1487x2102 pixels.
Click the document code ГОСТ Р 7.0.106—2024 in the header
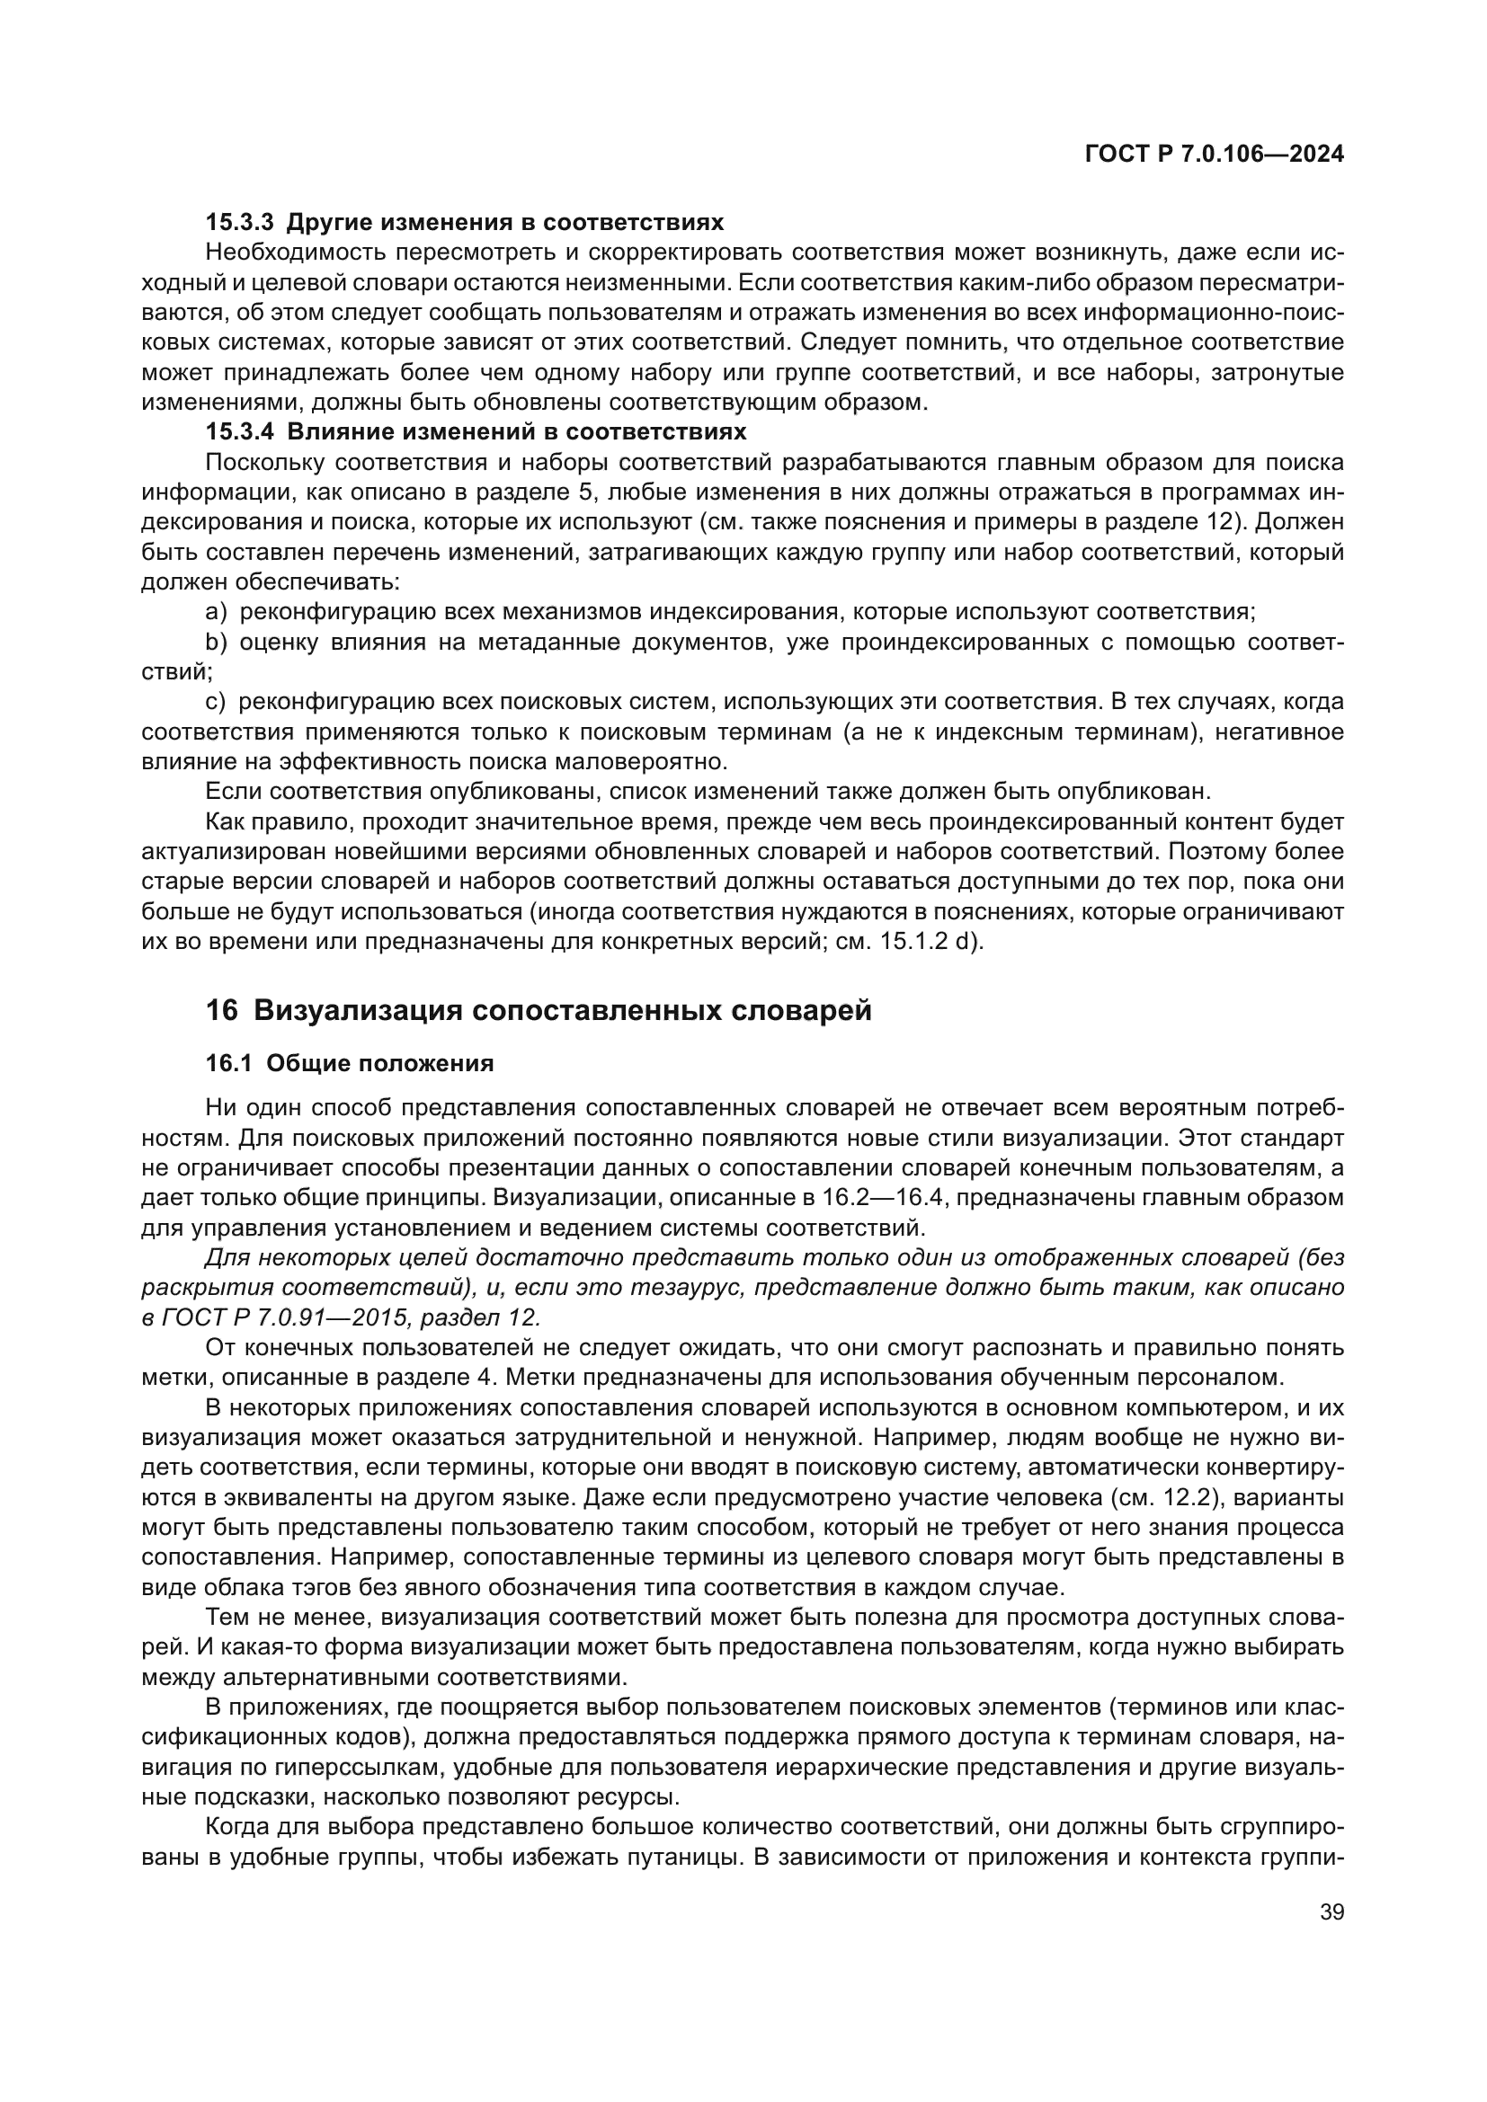[1214, 155]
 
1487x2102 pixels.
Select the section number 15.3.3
[239, 223]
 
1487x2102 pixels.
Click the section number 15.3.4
[239, 431]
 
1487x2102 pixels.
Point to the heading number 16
[221, 1011]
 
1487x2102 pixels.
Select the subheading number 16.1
[228, 1064]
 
